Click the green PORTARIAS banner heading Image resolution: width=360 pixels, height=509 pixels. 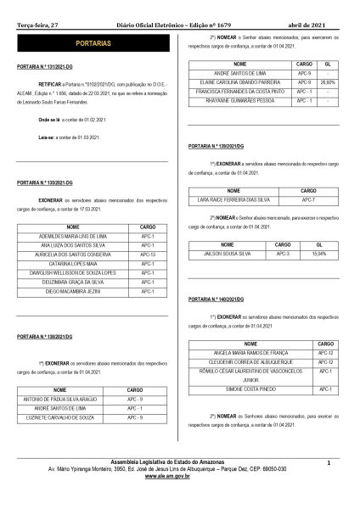92,40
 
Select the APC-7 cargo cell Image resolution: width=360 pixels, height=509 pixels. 308,199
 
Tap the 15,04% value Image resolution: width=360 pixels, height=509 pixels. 319,253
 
